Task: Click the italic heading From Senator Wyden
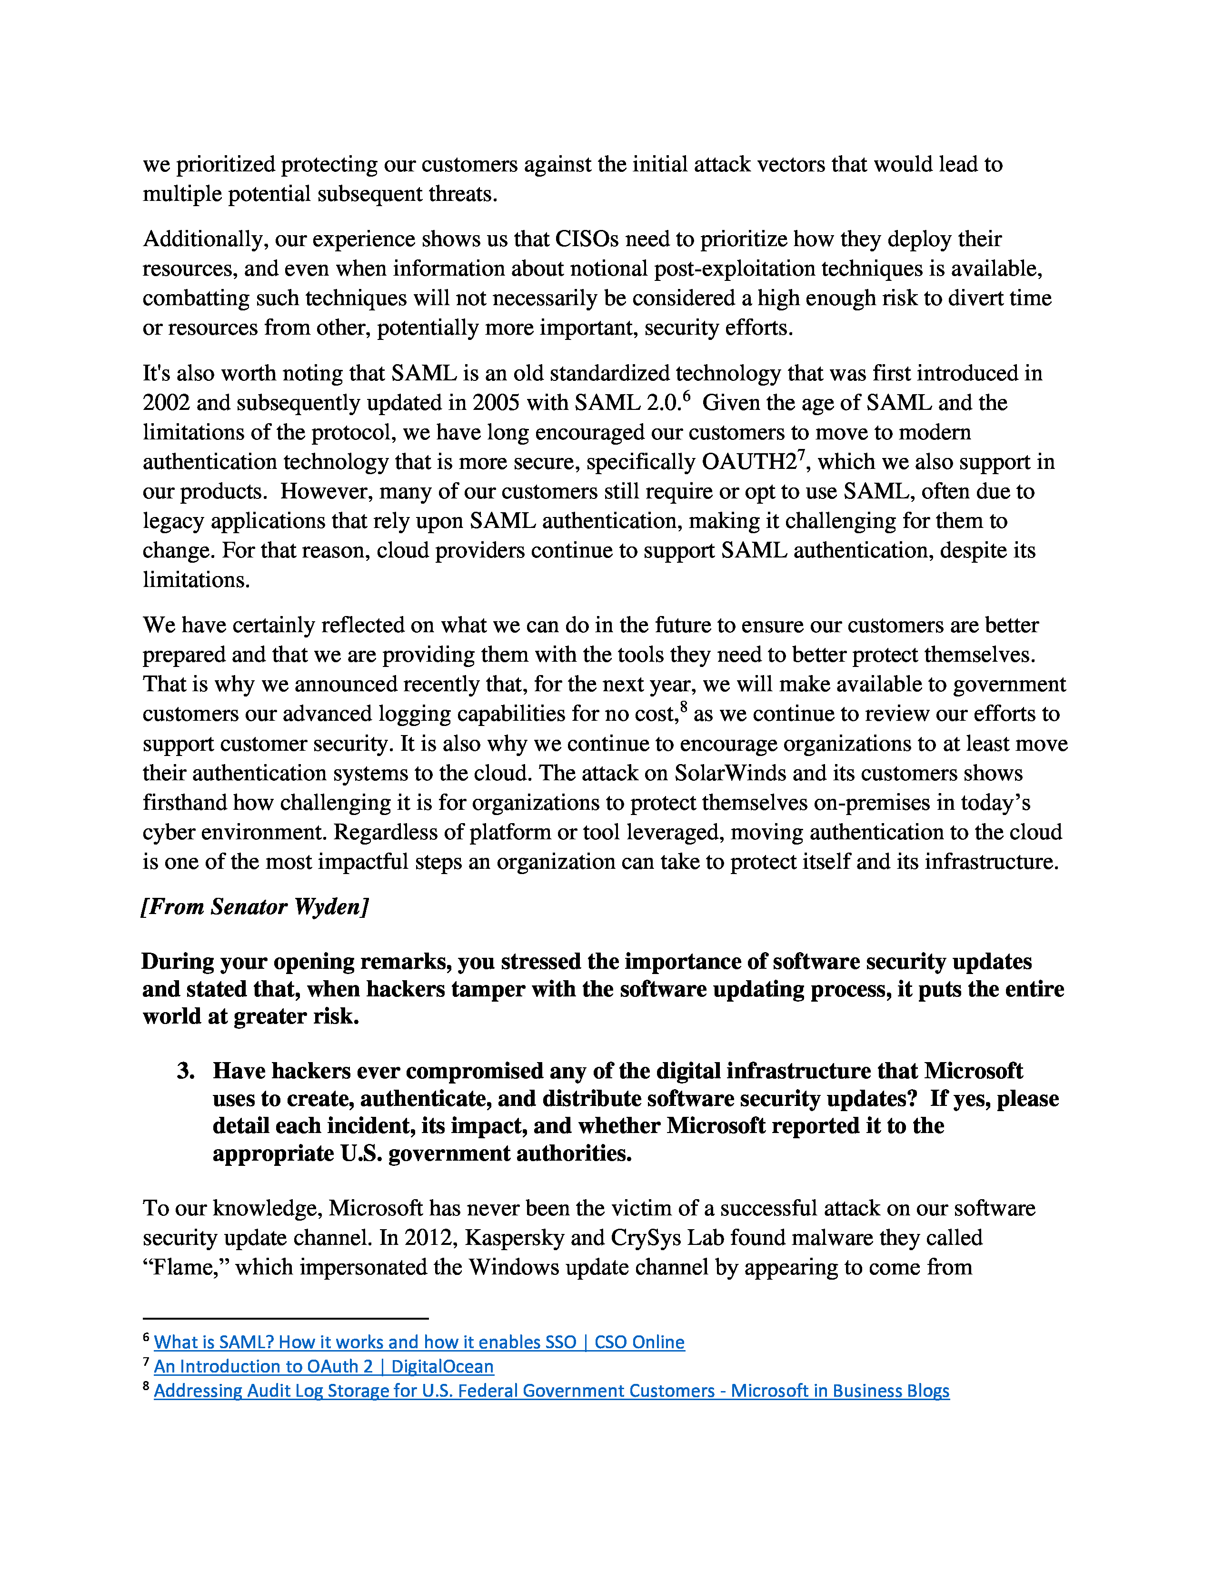[x=255, y=906]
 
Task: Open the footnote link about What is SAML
[x=418, y=1342]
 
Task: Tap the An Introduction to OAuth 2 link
[x=324, y=1367]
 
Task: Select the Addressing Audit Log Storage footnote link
[x=551, y=1391]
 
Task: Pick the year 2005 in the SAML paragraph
[x=496, y=403]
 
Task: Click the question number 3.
[x=186, y=1071]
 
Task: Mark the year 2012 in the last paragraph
[x=428, y=1238]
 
